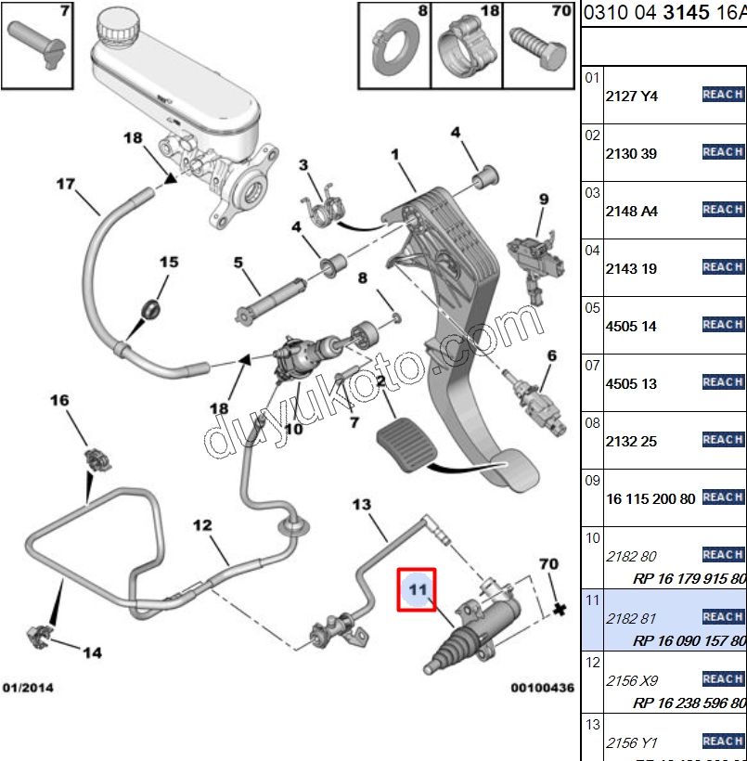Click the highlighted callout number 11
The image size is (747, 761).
(x=417, y=588)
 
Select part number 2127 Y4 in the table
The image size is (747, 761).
(x=631, y=96)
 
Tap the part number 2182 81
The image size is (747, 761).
(x=630, y=618)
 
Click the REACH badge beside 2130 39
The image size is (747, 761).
(x=723, y=151)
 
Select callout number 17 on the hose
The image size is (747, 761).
(x=64, y=183)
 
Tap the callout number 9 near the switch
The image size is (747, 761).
(x=543, y=199)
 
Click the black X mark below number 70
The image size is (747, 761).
(x=558, y=610)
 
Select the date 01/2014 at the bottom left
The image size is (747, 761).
(x=29, y=688)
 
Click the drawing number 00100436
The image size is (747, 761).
(x=542, y=688)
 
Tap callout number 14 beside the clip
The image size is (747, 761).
(x=91, y=652)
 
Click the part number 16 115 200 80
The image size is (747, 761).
(x=650, y=499)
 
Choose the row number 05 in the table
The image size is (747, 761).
(x=592, y=307)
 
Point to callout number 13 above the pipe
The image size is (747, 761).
(x=360, y=505)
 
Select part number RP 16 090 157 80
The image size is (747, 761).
(x=689, y=640)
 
